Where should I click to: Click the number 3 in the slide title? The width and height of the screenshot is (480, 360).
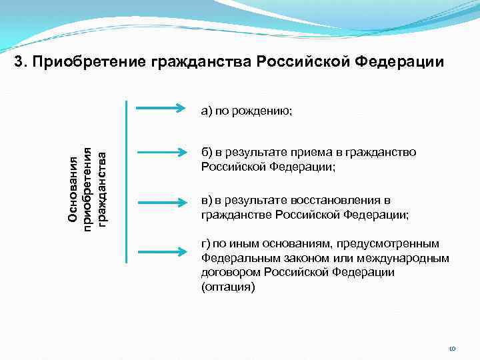click(19, 63)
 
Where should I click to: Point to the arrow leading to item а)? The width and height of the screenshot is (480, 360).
click(160, 106)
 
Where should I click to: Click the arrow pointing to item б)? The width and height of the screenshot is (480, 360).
click(160, 153)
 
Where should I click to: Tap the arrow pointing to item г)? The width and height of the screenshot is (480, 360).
click(160, 251)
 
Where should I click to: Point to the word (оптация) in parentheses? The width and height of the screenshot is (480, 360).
click(227, 287)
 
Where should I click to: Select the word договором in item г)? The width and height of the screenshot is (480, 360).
click(230, 272)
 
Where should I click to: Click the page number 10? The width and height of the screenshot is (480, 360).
click(451, 348)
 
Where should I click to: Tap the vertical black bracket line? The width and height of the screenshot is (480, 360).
click(126, 180)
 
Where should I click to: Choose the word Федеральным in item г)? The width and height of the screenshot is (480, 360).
click(239, 258)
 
